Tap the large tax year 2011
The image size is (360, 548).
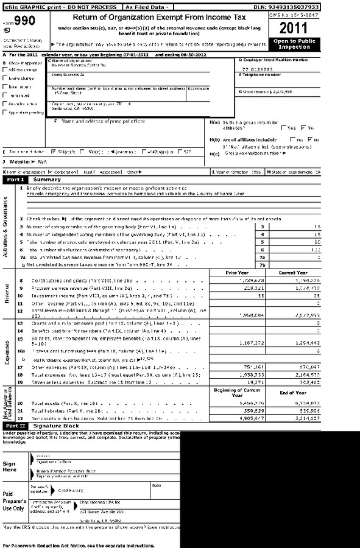point(295,27)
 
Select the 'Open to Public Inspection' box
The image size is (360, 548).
point(295,44)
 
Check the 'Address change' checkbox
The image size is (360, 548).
point(5,70)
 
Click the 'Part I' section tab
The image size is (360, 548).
point(15,180)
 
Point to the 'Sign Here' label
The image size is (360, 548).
point(10,466)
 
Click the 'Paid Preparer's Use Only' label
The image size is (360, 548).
point(13,502)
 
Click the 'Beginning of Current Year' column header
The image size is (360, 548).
point(235,393)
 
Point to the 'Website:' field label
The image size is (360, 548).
point(17,161)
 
